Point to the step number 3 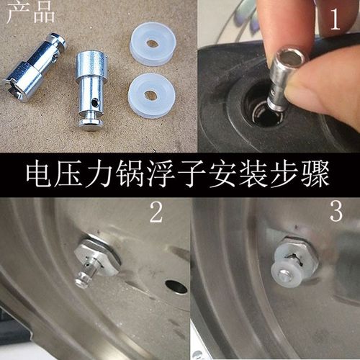point(336,212)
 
